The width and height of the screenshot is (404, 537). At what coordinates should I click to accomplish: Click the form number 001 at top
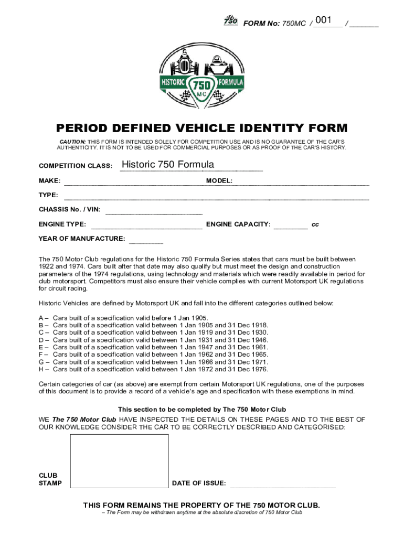[324, 20]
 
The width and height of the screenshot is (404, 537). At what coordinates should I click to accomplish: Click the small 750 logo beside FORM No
[230, 20]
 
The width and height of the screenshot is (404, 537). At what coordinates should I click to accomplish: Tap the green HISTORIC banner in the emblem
[173, 83]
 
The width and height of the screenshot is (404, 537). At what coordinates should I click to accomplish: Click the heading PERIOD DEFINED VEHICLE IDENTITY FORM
[202, 128]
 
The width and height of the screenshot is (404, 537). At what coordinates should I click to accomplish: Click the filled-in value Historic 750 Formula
[168, 165]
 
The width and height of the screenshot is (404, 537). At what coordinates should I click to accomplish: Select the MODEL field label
[219, 180]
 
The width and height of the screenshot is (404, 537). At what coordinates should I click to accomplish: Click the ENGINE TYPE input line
[147, 227]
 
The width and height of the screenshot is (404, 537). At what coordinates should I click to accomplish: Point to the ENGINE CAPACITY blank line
[291, 227]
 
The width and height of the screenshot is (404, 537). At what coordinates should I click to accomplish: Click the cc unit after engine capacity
[315, 224]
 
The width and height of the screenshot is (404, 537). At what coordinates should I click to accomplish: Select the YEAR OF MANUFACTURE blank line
[146, 242]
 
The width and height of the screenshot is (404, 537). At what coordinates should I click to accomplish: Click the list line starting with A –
[124, 318]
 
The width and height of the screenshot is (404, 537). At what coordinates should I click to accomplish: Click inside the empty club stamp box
[119, 461]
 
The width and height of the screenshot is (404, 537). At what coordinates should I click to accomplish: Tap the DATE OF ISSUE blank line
[283, 486]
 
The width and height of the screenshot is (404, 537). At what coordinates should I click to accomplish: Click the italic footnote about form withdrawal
[202, 512]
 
